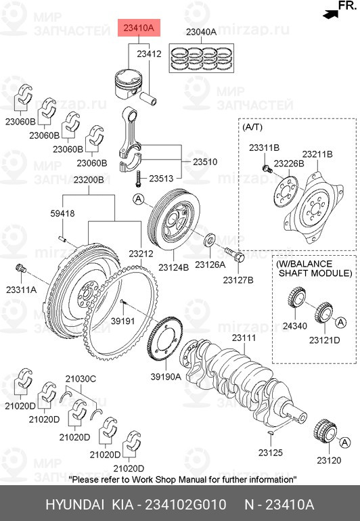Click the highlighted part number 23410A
coord(138,28)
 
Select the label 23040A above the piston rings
coord(201,32)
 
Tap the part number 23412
coord(148,53)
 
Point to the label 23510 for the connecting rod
coord(205,162)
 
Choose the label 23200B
coord(89,180)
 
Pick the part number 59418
coord(62,212)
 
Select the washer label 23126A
coord(210,265)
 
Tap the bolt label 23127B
coord(239,279)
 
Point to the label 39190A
coord(164,376)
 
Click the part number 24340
coord(294,326)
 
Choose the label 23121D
coord(326,340)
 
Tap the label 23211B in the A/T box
coord(317,154)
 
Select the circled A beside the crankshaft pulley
coord(138,200)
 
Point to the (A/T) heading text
coord(253,127)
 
